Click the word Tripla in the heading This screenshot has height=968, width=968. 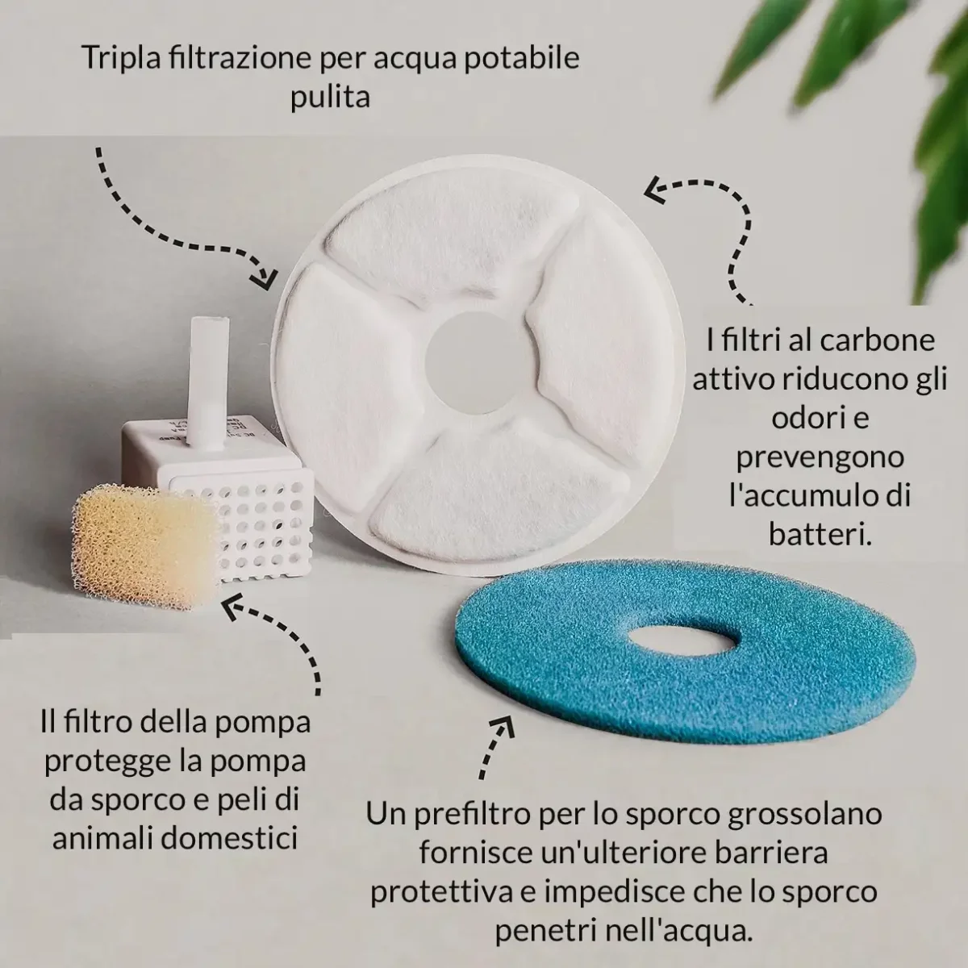point(122,59)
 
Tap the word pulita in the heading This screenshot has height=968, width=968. point(330,98)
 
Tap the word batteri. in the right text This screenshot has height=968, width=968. point(820,534)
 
